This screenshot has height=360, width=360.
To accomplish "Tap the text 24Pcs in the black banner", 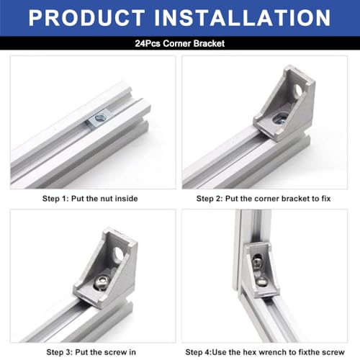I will point(148,44).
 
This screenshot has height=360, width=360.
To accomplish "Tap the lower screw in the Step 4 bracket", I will point(261,282).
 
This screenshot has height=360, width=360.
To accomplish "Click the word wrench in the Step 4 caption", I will point(278,352).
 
